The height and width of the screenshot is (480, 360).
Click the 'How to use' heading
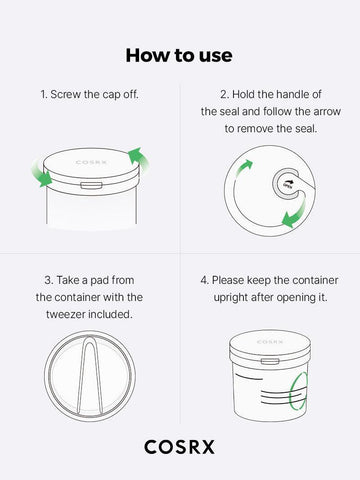[180, 52]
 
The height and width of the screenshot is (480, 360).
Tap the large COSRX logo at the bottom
[180, 446]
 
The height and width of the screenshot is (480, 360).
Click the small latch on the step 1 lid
[91, 184]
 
